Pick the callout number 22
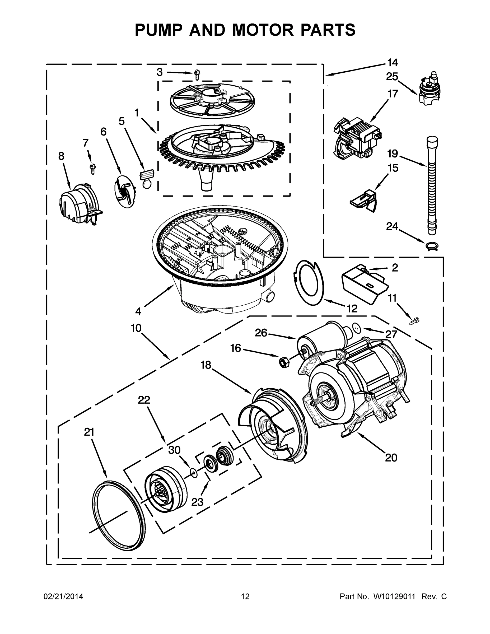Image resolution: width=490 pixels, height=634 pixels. click(144, 400)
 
